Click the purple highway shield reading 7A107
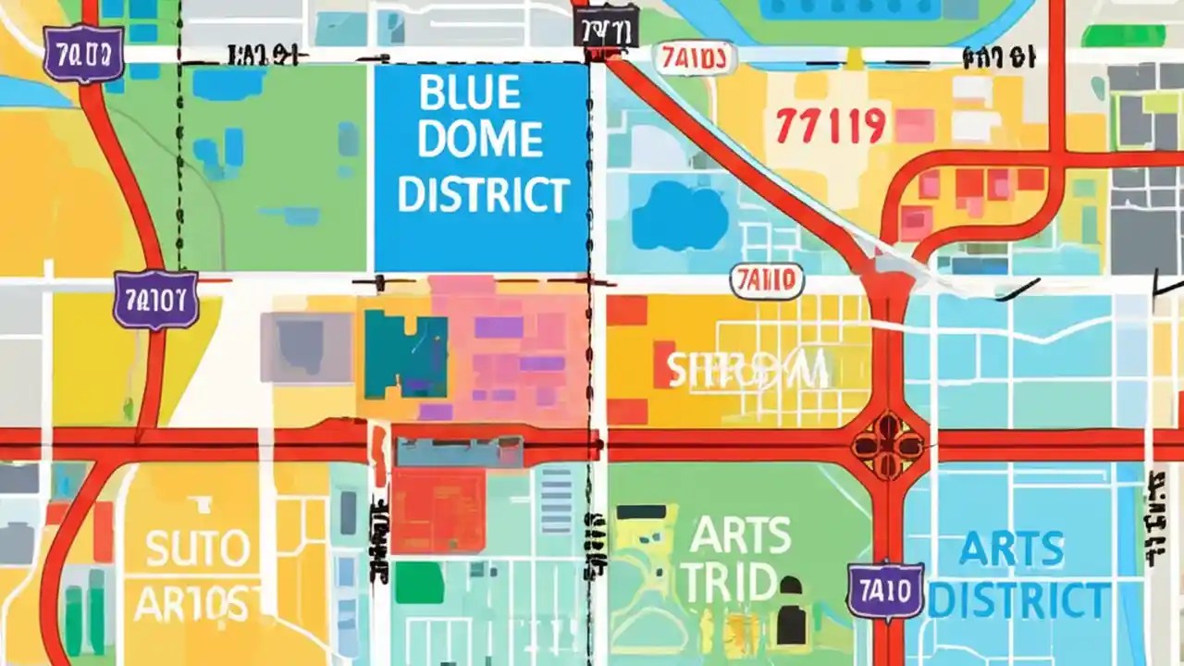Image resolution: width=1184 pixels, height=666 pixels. click(x=155, y=300)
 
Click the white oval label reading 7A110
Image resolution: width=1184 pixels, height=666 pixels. click(x=767, y=282)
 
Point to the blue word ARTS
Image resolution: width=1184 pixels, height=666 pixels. click(x=1012, y=549)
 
